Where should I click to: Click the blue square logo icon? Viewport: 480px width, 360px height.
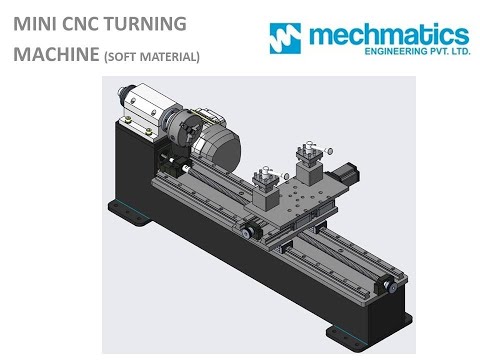pyautogui.click(x=285, y=37)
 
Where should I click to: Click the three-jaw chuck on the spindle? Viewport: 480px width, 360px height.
pyautogui.click(x=176, y=137)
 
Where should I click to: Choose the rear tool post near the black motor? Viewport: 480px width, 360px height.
pyautogui.click(x=308, y=162)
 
